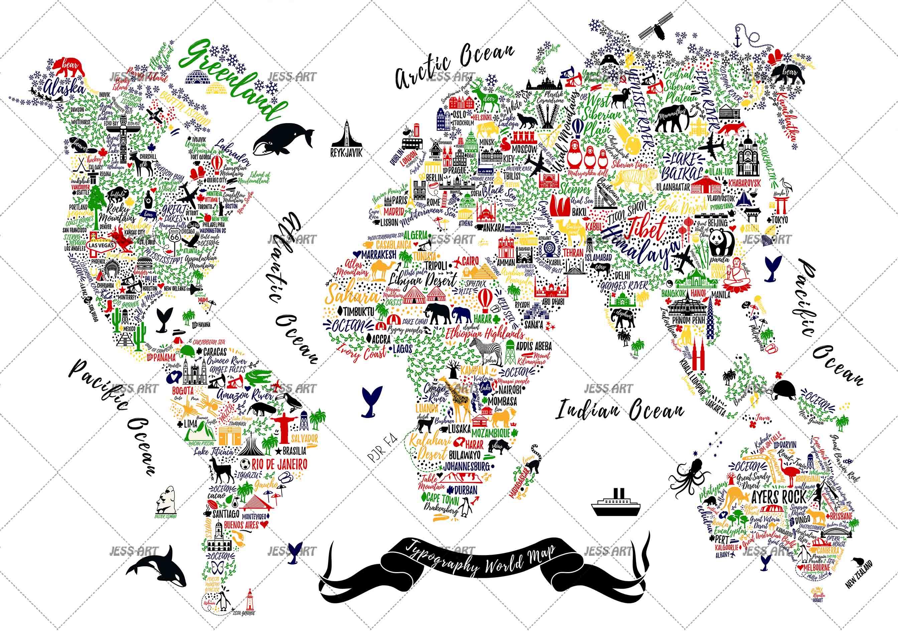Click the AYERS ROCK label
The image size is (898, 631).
779,498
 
